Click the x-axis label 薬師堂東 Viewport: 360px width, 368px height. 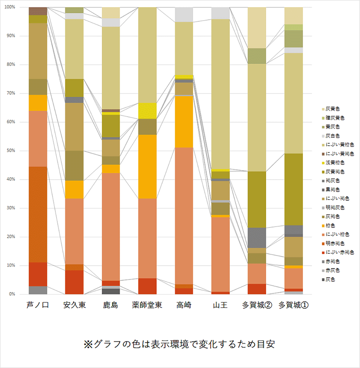click(x=147, y=306)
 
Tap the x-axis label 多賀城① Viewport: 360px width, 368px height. click(x=293, y=306)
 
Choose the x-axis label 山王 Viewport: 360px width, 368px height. click(x=220, y=306)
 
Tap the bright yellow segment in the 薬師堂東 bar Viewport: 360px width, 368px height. click(x=147, y=111)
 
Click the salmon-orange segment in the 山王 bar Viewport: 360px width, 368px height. click(x=220, y=254)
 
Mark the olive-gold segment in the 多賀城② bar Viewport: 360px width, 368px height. click(x=257, y=199)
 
